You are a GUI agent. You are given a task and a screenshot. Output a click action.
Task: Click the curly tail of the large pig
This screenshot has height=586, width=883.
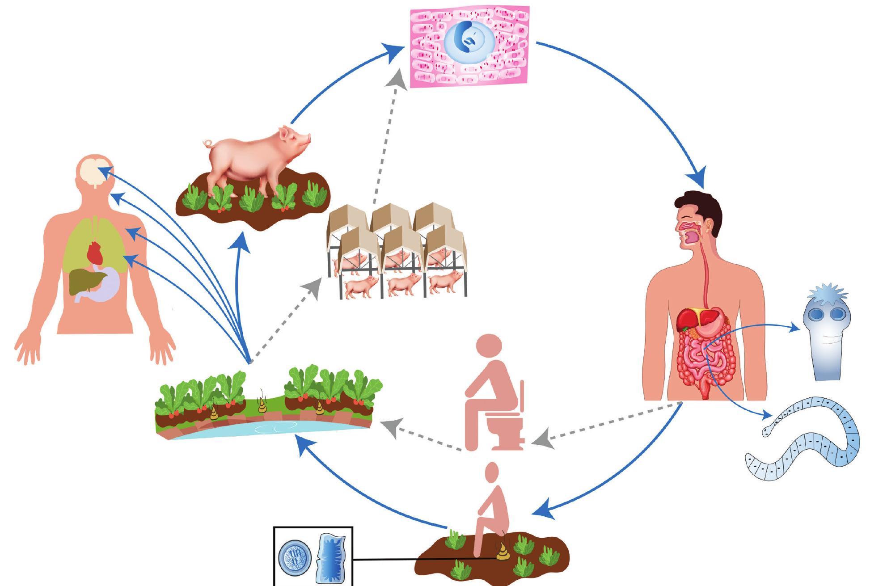(x=208, y=143)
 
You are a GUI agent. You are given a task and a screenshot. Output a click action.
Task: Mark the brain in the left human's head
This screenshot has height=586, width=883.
(x=96, y=172)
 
